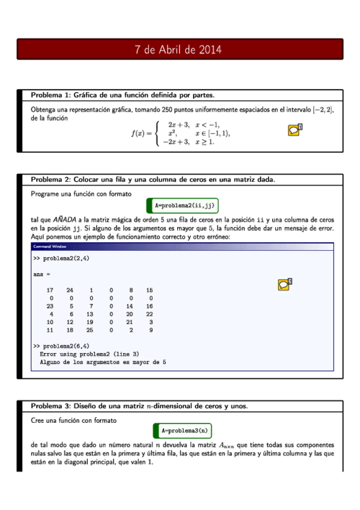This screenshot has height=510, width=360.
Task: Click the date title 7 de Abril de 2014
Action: pos(180,50)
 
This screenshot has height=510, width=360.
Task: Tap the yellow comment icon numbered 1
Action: pos(293,130)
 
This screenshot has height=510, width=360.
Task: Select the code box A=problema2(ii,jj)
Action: pos(185,206)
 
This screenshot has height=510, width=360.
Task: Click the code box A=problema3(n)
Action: pos(186,431)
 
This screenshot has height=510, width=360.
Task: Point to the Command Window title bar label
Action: pos(49,247)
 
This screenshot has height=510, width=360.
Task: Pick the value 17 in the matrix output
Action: pos(50,290)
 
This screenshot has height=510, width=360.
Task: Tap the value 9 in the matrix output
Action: pos(151,330)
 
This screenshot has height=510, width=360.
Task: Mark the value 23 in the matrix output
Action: pos(50,306)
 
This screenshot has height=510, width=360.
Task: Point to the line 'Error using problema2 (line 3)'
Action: pos(89,354)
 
